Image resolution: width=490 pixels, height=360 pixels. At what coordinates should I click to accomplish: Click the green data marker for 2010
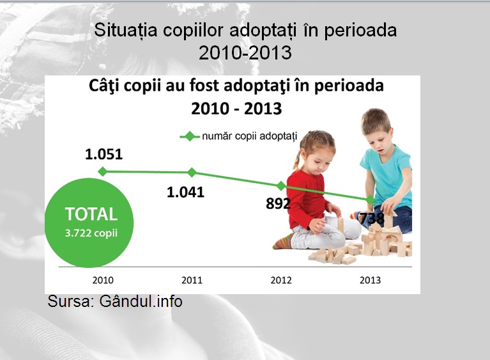tap(102, 171)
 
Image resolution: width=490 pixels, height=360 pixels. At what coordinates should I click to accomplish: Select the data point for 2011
tap(192, 173)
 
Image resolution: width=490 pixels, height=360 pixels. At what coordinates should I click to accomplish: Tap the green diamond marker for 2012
tap(281, 186)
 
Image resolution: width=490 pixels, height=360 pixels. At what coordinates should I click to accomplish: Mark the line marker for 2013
tap(371, 200)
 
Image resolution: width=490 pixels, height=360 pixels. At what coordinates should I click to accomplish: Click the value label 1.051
tap(103, 154)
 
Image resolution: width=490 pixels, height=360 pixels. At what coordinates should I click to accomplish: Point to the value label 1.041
tap(186, 192)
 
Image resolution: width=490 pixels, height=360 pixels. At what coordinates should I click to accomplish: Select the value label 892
tap(278, 203)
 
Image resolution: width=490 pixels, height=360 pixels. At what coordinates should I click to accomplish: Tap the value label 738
tap(371, 218)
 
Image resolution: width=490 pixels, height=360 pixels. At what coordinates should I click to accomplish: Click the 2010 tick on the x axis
tap(103, 280)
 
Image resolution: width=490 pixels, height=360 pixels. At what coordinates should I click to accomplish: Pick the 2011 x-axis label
tap(192, 280)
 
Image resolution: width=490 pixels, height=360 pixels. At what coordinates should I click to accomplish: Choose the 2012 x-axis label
tap(281, 280)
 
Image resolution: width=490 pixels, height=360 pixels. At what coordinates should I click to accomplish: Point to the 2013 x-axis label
tap(371, 280)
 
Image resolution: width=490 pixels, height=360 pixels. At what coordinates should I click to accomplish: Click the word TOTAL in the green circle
tap(91, 214)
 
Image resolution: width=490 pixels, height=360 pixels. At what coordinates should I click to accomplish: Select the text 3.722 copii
tap(91, 233)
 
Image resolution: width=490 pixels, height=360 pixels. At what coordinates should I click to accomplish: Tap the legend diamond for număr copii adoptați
tap(189, 136)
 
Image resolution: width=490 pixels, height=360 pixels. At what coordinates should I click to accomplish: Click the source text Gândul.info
tap(141, 302)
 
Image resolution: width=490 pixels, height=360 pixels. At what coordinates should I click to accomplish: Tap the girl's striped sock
tap(284, 241)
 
